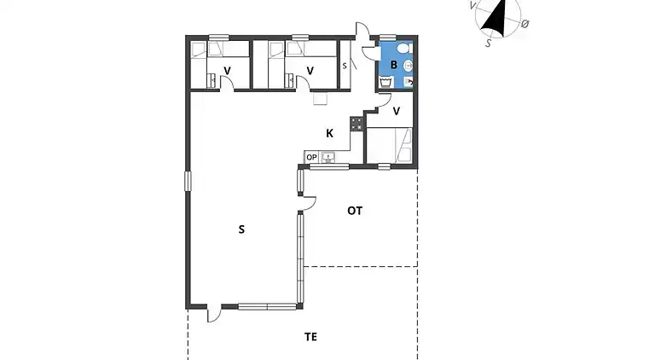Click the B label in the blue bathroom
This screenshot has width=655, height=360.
pyautogui.click(x=393, y=65)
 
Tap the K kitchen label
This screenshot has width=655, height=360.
pyautogui.click(x=329, y=134)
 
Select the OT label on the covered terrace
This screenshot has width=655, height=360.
pyautogui.click(x=355, y=211)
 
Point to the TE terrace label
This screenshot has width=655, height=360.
pyautogui.click(x=310, y=337)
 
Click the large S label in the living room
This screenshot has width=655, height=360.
pyautogui.click(x=241, y=229)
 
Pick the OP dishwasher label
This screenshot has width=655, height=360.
pyautogui.click(x=311, y=158)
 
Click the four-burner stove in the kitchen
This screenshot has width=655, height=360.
pyautogui.click(x=357, y=124)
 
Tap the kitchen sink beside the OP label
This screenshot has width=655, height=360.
pyautogui.click(x=328, y=157)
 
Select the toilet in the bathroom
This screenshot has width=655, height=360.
pyautogui.click(x=404, y=49)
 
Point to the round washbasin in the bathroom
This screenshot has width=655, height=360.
pyautogui.click(x=409, y=66)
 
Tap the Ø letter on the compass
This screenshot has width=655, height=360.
pyautogui.click(x=525, y=24)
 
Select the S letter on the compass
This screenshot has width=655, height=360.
pyautogui.click(x=489, y=43)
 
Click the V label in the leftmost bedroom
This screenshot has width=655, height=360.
pyautogui.click(x=227, y=71)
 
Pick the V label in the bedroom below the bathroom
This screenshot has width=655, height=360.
pyautogui.click(x=397, y=112)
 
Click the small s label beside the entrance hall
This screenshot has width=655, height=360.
pyautogui.click(x=345, y=66)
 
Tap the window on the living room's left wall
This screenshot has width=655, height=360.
pyautogui.click(x=188, y=181)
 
